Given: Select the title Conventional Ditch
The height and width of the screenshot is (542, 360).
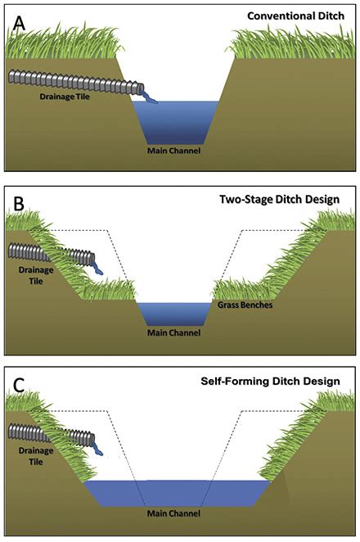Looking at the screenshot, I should tap(304, 16).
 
